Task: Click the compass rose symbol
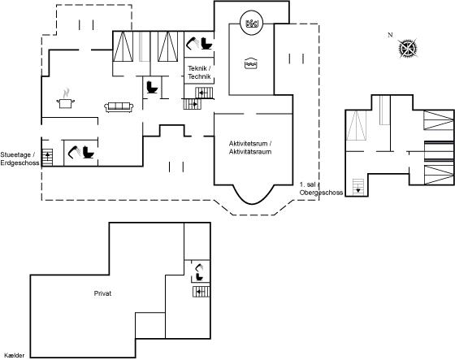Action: coord(408,48)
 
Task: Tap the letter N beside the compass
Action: coord(390,35)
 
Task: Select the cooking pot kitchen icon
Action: coord(66,99)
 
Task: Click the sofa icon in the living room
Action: coord(119,106)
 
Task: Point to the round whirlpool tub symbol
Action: coord(251,23)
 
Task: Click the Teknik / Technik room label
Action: coord(199,72)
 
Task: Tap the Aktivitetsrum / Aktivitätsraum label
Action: coord(250,147)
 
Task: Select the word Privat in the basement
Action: coord(102,293)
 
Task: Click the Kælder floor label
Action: coord(15,355)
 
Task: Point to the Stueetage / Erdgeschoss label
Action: coord(19,158)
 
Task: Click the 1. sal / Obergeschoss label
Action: coord(321,189)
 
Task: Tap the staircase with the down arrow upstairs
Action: coord(358,187)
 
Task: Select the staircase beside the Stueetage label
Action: coord(47,158)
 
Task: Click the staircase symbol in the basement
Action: coord(201,292)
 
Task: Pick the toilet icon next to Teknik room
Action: coord(207,43)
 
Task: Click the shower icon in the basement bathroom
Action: coord(199,267)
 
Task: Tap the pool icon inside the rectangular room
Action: coord(251,63)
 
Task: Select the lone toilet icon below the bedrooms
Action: coord(152,87)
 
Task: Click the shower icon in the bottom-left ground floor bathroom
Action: coord(74,152)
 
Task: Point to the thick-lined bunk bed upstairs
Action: coord(439,151)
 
